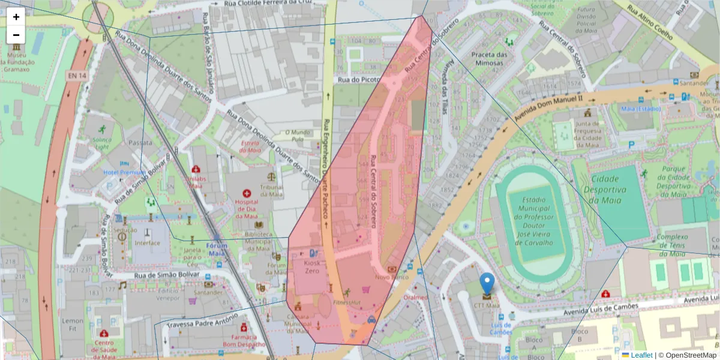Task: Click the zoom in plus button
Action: [x=16, y=17]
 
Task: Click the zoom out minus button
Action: [x=16, y=35]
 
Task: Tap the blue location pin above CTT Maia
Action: [x=487, y=284]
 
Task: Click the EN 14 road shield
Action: [x=76, y=76]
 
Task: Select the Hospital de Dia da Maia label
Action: [x=246, y=209]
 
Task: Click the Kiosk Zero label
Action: [x=312, y=267]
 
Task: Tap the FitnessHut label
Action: [x=347, y=302]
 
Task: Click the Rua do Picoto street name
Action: [x=359, y=79]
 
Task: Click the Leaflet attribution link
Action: [x=641, y=355]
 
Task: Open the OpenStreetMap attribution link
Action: [x=688, y=355]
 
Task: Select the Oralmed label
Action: [x=415, y=297]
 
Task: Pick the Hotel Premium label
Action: [x=124, y=172]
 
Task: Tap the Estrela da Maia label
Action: [x=250, y=146]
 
